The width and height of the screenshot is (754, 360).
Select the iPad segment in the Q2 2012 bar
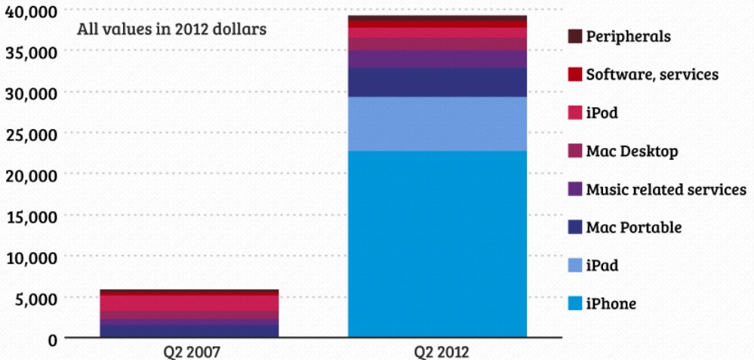pos(437,124)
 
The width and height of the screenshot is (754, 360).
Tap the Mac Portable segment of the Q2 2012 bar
pos(437,82)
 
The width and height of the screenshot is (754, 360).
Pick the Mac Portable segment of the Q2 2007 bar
pos(189,330)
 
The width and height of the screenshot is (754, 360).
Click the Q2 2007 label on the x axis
pos(189,352)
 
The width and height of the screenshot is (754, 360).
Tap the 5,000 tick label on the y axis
pos(35,298)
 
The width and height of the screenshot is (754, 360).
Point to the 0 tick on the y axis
pos(52,339)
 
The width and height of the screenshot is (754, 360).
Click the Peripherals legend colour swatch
pos(574,36)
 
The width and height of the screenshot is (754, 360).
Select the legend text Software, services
pos(651,75)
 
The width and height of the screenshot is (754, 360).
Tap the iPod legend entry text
pos(602,113)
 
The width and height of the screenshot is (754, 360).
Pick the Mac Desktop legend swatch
pos(574,152)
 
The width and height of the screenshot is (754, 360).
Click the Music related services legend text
pos(666,189)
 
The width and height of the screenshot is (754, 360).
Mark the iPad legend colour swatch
pos(574,266)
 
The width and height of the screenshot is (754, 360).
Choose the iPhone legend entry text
pos(611,304)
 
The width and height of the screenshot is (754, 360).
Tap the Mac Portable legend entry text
pos(633,228)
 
